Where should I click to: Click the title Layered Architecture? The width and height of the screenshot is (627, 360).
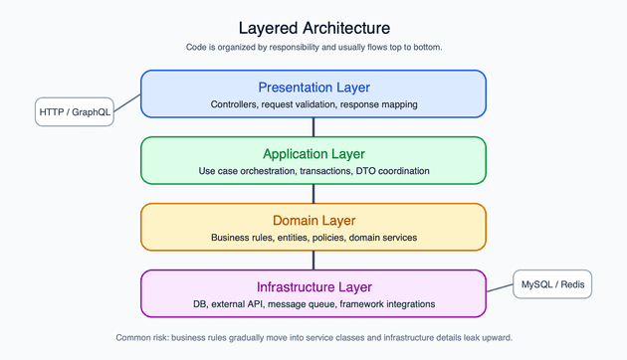pos(313,28)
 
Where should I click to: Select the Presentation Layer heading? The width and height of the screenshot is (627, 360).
pos(313,88)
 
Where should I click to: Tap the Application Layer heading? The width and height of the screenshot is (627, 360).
pos(313,154)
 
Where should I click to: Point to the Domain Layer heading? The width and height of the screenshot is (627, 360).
pos(313,221)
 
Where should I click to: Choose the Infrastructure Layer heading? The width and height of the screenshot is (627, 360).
pos(313,287)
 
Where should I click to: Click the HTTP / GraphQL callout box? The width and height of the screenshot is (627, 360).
pos(75,112)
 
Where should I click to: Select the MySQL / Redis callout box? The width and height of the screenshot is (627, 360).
pos(552,285)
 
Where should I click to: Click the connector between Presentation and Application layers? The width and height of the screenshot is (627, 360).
pos(313,127)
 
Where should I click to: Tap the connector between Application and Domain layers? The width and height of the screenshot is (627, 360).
pos(313,194)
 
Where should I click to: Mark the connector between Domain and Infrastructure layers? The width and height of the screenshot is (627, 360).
pos(313,261)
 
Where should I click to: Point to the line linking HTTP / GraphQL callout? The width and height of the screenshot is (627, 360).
pos(127,102)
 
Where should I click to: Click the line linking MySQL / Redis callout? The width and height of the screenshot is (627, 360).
pos(500,289)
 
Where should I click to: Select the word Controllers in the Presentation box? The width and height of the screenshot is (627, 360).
pos(234,104)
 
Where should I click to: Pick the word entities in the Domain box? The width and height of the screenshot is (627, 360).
pos(286,238)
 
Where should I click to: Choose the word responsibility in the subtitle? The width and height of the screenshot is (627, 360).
pos(298,48)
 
